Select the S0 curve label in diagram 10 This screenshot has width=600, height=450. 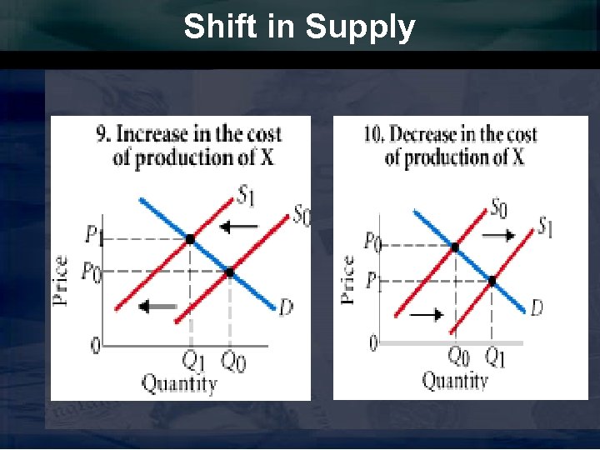pyautogui.click(x=498, y=206)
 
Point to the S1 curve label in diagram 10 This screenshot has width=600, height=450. pyautogui.click(x=546, y=226)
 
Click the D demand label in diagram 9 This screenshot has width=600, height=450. pyautogui.click(x=286, y=308)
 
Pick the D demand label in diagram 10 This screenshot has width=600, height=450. pyautogui.click(x=537, y=308)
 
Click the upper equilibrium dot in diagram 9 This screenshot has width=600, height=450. pyautogui.click(x=190, y=239)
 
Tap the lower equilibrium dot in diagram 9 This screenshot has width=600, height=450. pyautogui.click(x=230, y=272)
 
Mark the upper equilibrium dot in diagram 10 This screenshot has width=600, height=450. pyautogui.click(x=454, y=247)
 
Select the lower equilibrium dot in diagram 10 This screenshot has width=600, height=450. pyautogui.click(x=492, y=281)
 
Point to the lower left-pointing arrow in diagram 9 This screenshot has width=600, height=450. pyautogui.click(x=158, y=307)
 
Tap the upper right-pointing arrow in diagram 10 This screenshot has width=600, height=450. pyautogui.click(x=499, y=236)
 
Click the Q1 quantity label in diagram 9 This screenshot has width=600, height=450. pyautogui.click(x=193, y=361)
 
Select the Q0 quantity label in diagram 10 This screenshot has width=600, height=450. pyautogui.click(x=459, y=357)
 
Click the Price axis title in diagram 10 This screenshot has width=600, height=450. pyautogui.click(x=348, y=279)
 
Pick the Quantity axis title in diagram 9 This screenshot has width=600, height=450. pyautogui.click(x=178, y=383)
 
